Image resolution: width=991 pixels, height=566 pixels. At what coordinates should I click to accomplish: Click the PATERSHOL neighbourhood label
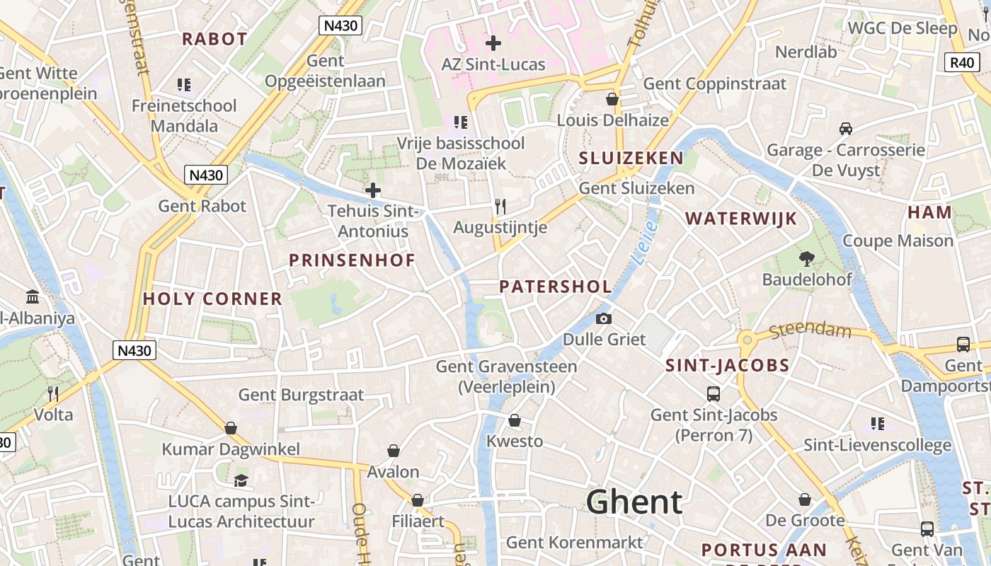point(556,287)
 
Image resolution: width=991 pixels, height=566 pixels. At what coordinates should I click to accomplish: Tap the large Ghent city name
point(634,502)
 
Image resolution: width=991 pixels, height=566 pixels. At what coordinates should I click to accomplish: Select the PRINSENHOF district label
point(352,260)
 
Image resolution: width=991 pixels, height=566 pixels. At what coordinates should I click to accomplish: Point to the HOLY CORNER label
point(212,299)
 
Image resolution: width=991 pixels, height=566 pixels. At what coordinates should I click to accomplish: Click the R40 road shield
point(962,62)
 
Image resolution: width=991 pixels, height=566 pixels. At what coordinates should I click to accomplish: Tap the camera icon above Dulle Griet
point(604,319)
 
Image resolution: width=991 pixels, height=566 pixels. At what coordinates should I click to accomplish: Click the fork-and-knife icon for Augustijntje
point(500,206)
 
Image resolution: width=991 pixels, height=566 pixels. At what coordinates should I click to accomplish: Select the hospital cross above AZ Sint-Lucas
point(493,43)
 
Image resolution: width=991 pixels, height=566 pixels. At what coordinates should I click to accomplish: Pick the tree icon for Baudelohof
point(806,259)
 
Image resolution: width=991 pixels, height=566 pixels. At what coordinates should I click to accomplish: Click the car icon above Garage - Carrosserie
point(845,129)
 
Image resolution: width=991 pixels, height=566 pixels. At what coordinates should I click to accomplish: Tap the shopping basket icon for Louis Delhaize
point(612,99)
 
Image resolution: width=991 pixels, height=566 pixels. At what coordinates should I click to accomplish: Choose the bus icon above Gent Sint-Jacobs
point(714,393)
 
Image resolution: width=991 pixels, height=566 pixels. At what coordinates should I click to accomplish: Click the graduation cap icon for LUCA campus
point(241,480)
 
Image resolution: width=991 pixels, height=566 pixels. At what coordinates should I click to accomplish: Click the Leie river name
point(644,243)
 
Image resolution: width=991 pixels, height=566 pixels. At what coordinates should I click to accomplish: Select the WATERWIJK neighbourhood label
point(741,219)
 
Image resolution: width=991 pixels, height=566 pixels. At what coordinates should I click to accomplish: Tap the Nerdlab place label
point(806,52)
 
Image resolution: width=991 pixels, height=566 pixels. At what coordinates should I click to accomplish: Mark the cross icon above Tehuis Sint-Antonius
point(372,190)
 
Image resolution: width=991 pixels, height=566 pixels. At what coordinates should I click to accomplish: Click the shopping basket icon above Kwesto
point(515,420)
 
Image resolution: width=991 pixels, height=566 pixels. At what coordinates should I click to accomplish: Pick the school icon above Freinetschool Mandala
point(184,86)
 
